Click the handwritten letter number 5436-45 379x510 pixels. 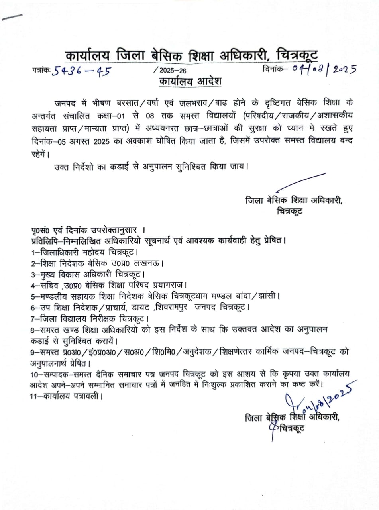point(82,71)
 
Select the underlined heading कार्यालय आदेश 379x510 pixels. point(190,81)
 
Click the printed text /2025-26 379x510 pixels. point(170,71)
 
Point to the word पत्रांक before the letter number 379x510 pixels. point(41,70)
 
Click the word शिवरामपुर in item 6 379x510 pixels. point(175,308)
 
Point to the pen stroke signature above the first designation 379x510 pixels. point(300,182)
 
